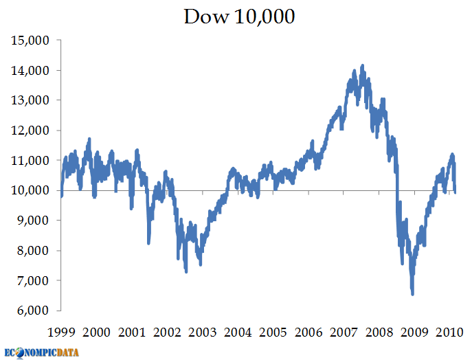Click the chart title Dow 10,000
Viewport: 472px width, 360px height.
239,16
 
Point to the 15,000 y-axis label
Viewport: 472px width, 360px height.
31,41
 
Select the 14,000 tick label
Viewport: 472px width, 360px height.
31,70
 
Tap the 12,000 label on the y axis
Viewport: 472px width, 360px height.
31,131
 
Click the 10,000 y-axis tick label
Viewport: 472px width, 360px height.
31,190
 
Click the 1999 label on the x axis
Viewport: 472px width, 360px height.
61,332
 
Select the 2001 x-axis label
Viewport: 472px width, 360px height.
132,332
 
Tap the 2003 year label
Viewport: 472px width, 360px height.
202,332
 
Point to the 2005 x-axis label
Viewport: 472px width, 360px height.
273,332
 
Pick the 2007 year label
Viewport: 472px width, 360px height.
343,332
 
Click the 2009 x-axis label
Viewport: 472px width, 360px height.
414,332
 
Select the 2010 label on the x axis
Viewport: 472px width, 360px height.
449,332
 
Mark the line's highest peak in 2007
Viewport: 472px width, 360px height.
363,65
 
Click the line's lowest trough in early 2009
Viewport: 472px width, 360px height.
412,294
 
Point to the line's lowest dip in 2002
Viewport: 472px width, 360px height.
186,272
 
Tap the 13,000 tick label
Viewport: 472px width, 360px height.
31,100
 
